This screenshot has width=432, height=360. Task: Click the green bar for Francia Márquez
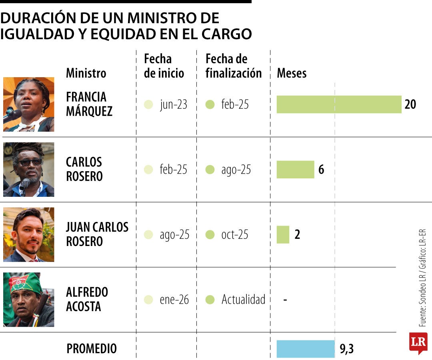(x=339, y=104)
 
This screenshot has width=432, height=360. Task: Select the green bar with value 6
(x=295, y=170)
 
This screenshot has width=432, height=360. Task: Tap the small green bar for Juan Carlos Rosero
(x=283, y=234)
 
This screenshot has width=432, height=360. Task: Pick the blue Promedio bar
(x=306, y=349)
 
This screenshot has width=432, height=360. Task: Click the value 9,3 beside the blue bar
(x=347, y=349)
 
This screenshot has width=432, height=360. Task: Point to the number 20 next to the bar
(x=410, y=104)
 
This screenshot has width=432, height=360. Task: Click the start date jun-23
(x=173, y=105)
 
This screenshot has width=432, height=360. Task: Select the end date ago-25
(x=236, y=170)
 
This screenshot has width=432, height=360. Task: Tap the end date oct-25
(x=235, y=234)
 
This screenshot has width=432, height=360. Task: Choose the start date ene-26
(x=174, y=300)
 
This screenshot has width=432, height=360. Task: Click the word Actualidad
(x=243, y=300)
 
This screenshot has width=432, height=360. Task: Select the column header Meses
(x=292, y=73)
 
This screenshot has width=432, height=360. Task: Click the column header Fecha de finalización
(x=233, y=66)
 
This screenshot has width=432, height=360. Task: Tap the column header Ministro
(x=86, y=73)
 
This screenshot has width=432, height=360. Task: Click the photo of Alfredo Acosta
(x=28, y=300)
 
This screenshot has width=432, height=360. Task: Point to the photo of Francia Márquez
(x=28, y=104)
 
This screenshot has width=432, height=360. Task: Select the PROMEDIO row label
(x=92, y=349)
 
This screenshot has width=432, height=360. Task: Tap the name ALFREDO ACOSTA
(x=87, y=299)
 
